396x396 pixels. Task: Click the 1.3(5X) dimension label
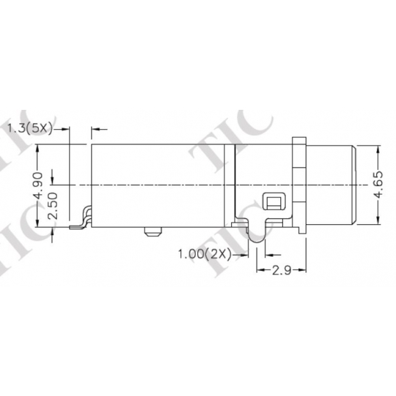(x=30, y=128)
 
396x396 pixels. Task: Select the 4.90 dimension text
(x=38, y=185)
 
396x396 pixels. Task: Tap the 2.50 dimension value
(x=52, y=206)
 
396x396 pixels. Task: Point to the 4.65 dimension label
(x=378, y=185)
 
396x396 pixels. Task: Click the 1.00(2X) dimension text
(x=204, y=254)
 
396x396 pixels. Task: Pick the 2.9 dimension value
(x=281, y=270)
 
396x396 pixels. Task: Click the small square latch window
(x=274, y=201)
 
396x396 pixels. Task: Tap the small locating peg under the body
(x=152, y=232)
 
